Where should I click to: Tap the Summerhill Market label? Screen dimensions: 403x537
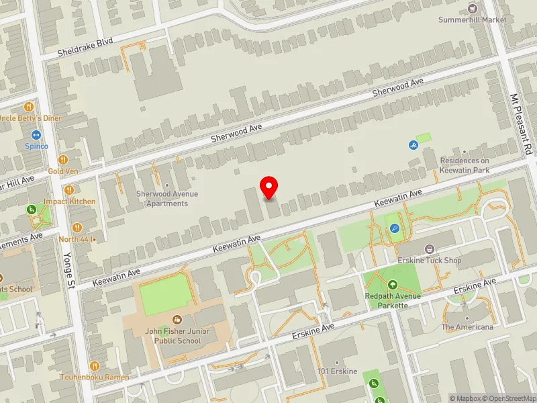point(473,19)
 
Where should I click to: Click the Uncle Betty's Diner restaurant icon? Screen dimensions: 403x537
point(28,107)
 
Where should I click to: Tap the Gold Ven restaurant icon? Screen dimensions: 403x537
point(62,160)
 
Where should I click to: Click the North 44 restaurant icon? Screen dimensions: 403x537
point(77,227)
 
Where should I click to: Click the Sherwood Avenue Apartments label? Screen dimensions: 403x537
point(167,198)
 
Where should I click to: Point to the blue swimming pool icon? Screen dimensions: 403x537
point(413,145)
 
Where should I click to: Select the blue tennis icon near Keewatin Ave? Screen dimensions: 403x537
point(395,228)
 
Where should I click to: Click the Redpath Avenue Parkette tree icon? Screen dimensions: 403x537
point(393,285)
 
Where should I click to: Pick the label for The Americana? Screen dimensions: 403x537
point(467,327)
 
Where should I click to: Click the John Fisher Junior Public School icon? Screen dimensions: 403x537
point(177,320)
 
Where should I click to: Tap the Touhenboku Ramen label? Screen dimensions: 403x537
point(94,377)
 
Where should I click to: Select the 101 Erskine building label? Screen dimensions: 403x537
point(338,372)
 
